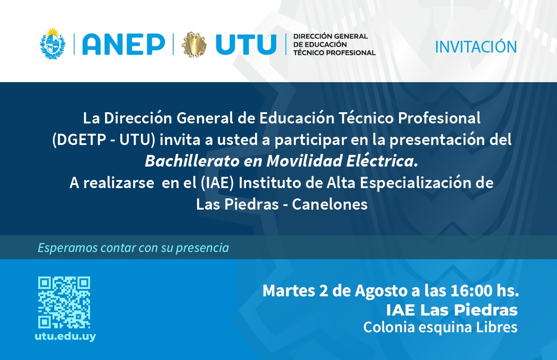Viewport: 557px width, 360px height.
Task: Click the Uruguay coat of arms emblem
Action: click(53, 44)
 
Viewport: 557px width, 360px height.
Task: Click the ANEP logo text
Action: click(124, 44)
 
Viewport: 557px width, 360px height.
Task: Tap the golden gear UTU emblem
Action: click(194, 44)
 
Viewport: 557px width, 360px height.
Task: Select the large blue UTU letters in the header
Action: click(246, 44)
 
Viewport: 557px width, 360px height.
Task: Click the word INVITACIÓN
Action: click(476, 47)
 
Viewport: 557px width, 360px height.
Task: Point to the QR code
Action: click(64, 303)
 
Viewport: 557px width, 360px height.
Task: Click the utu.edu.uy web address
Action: click(66, 337)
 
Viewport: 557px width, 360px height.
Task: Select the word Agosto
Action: click(382, 291)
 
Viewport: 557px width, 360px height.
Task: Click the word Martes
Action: click(289, 290)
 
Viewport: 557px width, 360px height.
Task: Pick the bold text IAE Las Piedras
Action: click(452, 310)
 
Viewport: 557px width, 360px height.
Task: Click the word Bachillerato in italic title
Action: click(192, 161)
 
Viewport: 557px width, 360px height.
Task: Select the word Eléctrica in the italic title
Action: click(382, 161)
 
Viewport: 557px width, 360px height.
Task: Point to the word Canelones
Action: click(330, 204)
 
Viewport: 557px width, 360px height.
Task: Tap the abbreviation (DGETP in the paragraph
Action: click(79, 140)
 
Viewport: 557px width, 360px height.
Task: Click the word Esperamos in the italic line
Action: click(68, 248)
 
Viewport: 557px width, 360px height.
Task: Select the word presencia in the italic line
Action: click(202, 248)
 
